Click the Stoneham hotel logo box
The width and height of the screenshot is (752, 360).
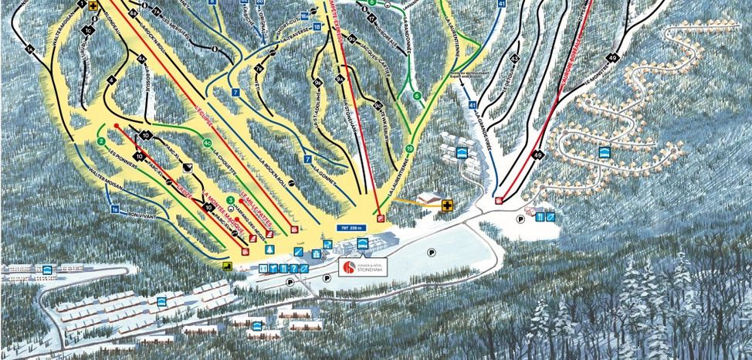[361, 267]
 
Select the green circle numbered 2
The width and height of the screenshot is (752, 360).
[101, 141]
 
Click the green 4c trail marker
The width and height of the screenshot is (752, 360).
[207, 143]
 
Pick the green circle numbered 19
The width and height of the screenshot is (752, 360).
[409, 148]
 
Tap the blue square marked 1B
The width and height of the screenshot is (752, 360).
[116, 209]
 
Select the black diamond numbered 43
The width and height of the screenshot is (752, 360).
[514, 59]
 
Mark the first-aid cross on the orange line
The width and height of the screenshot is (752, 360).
[447, 205]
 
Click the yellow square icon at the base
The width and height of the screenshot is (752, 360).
[228, 267]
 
